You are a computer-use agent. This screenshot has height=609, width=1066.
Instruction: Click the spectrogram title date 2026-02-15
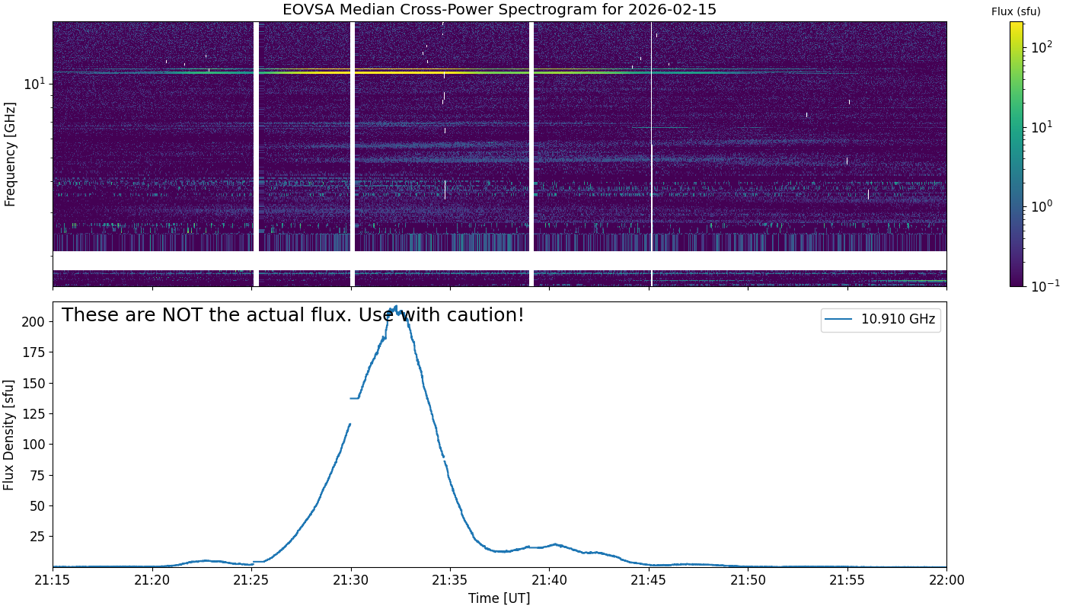(675, 10)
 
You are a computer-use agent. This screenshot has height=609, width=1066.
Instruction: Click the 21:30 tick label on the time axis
(351, 581)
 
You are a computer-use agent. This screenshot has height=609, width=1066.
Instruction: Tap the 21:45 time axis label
(649, 581)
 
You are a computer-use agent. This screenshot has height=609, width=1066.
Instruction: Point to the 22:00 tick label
(946, 581)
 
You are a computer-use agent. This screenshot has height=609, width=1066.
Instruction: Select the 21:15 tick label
(53, 581)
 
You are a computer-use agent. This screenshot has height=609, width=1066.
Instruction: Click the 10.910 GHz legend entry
(898, 320)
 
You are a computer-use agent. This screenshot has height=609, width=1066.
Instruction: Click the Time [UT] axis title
(499, 598)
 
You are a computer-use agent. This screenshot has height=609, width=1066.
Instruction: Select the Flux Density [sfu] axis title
(9, 434)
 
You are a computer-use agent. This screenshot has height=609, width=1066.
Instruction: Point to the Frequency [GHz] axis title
(10, 154)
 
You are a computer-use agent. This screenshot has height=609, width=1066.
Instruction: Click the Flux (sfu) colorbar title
(1016, 11)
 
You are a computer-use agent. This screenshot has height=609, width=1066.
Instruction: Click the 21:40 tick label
(550, 581)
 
